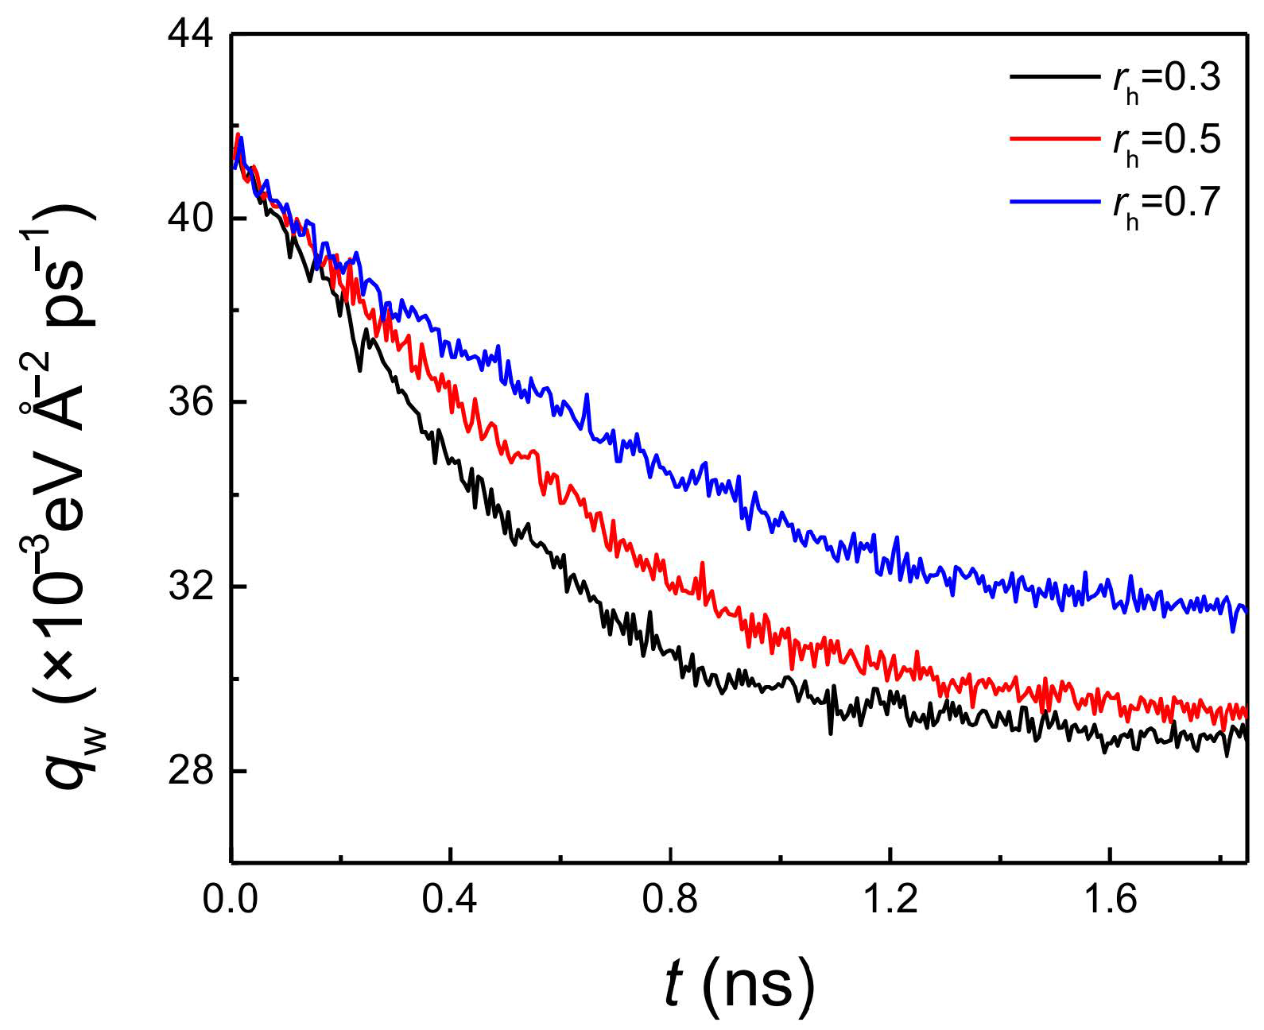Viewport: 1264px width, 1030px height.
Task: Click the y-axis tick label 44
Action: click(x=191, y=35)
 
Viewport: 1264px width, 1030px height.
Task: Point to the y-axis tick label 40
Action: click(x=191, y=219)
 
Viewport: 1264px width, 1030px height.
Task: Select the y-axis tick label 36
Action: click(x=191, y=402)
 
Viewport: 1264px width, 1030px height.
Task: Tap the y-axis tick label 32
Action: click(x=191, y=587)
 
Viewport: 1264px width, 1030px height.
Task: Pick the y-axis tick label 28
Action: click(x=191, y=770)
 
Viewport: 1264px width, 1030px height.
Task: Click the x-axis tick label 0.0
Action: click(x=231, y=899)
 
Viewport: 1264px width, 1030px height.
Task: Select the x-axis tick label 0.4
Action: click(x=450, y=899)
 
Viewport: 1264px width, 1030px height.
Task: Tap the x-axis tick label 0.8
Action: click(x=670, y=899)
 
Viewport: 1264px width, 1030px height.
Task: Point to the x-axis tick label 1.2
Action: click(x=890, y=899)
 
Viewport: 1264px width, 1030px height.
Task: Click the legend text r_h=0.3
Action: click(x=1166, y=79)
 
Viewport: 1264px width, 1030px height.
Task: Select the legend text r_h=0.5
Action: click(x=1166, y=141)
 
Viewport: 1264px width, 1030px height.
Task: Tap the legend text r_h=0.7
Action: click(x=1166, y=204)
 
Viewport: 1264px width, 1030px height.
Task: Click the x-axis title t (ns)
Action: click(x=739, y=984)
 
